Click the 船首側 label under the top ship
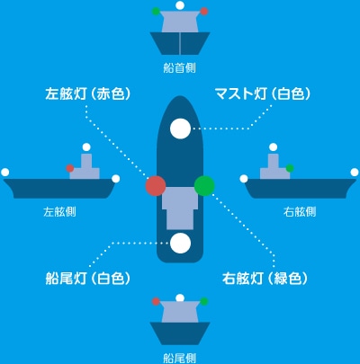[x=180, y=67]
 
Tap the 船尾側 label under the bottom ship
[x=180, y=358]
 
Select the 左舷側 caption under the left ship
[x=59, y=212]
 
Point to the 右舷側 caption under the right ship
[x=300, y=212]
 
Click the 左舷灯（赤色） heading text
[x=88, y=93]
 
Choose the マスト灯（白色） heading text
[x=263, y=93]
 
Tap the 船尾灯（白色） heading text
[x=88, y=279]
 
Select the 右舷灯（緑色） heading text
[x=265, y=279]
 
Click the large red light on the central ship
[x=156, y=186]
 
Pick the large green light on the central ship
[x=204, y=186]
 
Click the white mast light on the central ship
[x=180, y=129]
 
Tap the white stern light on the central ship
[x=180, y=243]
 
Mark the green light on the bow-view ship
[x=156, y=12]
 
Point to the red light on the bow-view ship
[x=204, y=12]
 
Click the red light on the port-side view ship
[x=70, y=168]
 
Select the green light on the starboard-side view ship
[x=290, y=168]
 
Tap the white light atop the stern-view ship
[x=180, y=297]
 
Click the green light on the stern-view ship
[x=204, y=301]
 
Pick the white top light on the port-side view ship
[x=86, y=147]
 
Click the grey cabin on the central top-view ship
[x=180, y=209]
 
